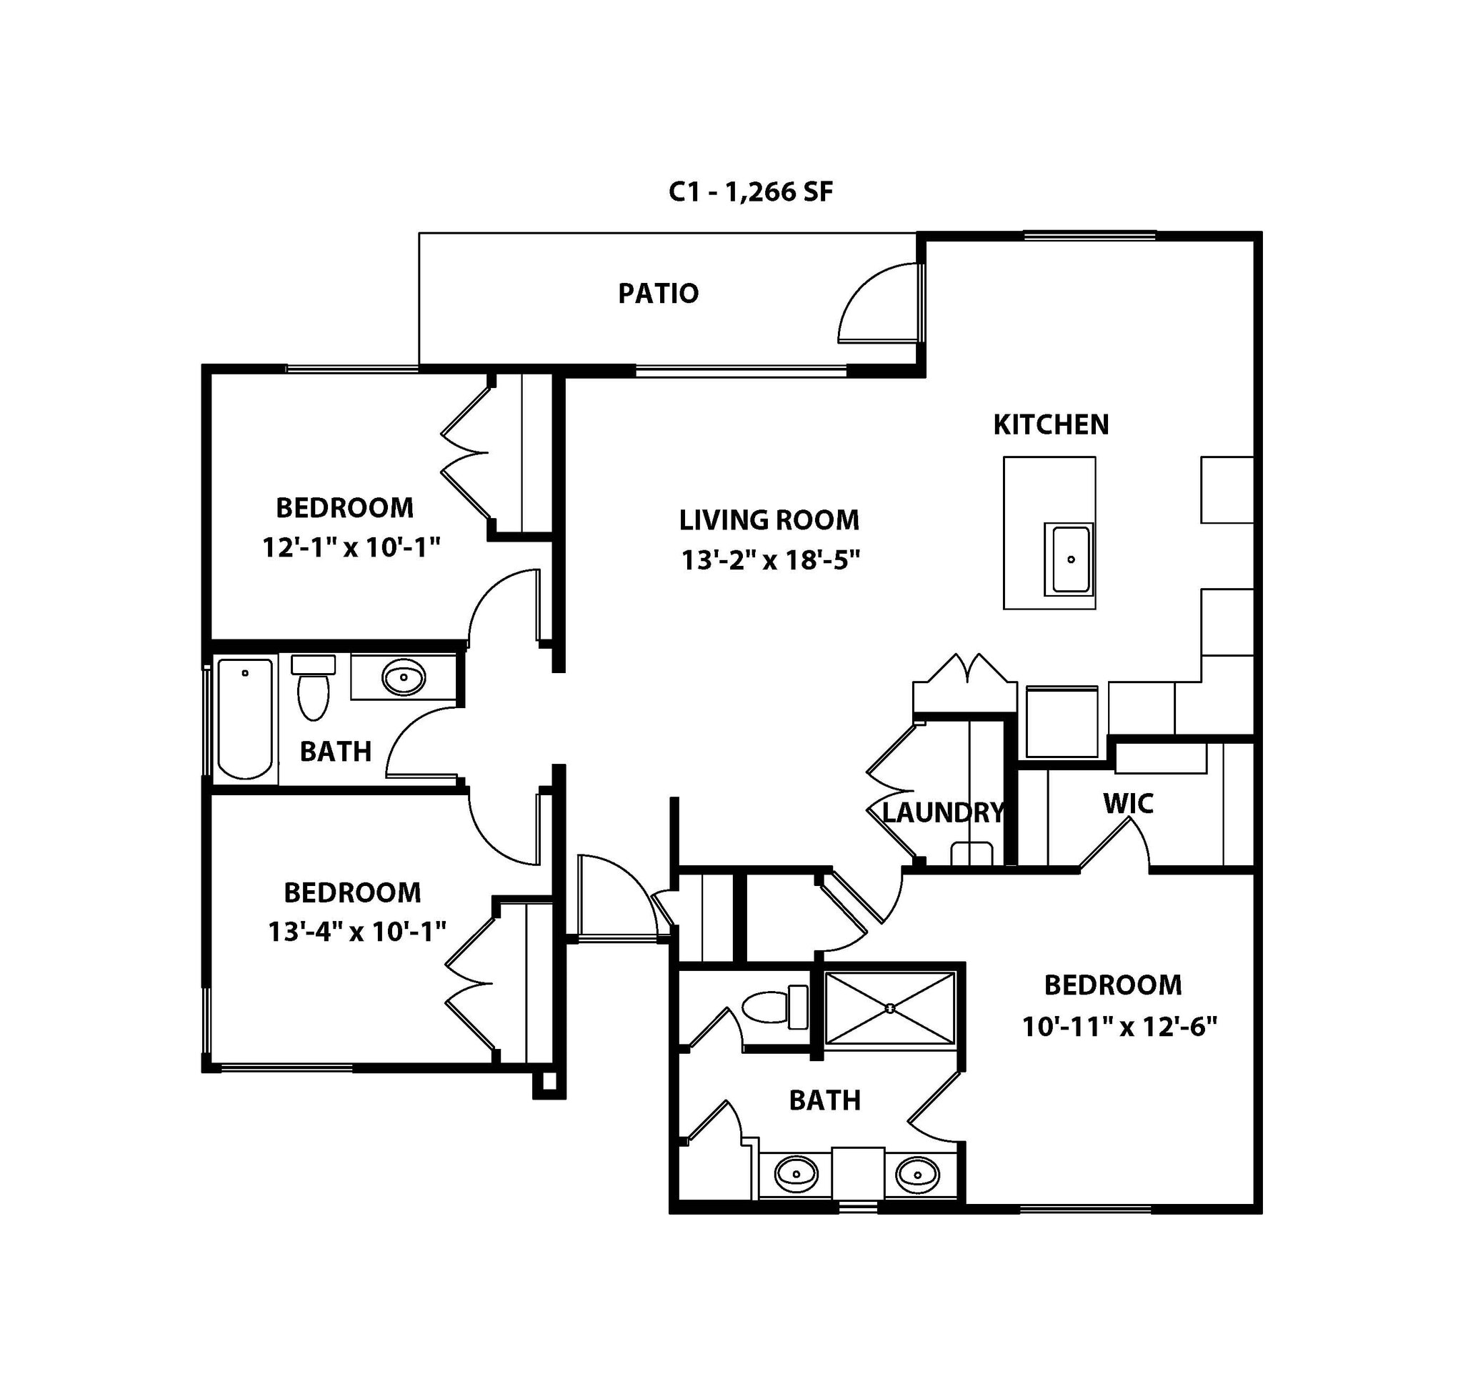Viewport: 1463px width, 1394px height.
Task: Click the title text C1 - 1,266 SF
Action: (751, 192)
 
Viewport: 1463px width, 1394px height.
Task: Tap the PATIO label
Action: (659, 294)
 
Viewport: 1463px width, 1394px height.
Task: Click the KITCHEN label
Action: (1051, 425)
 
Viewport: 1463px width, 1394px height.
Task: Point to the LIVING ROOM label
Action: (769, 520)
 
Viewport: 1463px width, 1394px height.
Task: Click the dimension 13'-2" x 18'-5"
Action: (771, 560)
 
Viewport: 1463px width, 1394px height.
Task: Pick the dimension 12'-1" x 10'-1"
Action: (351, 547)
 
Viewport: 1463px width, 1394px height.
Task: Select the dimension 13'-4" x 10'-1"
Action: (356, 931)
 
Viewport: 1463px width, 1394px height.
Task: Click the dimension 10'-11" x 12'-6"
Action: (1119, 1027)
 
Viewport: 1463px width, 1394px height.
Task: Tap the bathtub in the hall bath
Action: (245, 718)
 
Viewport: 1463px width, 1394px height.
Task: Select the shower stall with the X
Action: (889, 1008)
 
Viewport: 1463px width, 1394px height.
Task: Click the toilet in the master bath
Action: (775, 1007)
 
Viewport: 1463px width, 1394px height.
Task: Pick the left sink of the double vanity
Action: (796, 1175)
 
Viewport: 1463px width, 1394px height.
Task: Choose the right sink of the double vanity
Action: (918, 1175)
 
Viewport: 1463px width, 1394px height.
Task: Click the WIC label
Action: (1128, 804)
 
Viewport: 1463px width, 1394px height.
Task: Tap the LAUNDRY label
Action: (942, 813)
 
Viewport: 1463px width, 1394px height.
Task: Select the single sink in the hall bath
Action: (404, 677)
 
